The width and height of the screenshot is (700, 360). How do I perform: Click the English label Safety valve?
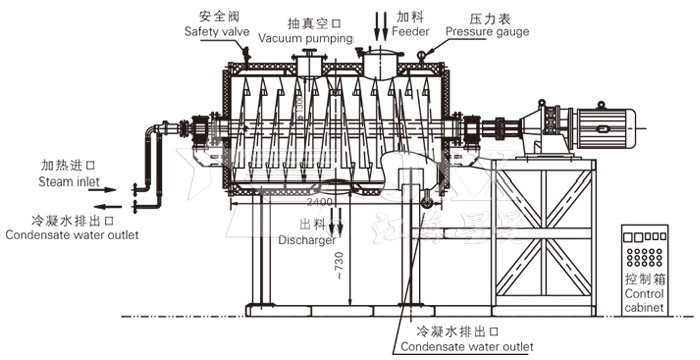coord(216,31)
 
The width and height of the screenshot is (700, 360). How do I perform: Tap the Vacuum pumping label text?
coord(306,38)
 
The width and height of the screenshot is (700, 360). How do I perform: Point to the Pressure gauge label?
coord(487,31)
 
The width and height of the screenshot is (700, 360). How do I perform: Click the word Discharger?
coord(307,239)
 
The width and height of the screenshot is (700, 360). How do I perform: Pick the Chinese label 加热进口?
coord(62,166)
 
